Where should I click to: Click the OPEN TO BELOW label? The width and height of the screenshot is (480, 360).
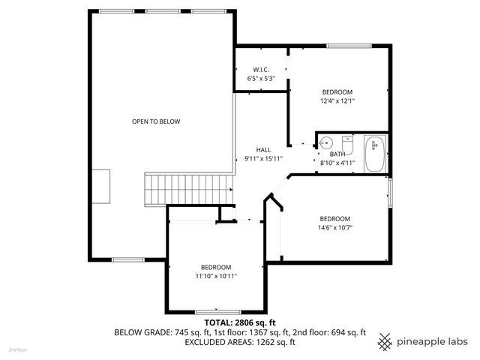[156, 121]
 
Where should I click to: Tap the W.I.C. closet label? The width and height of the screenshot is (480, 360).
[261, 70]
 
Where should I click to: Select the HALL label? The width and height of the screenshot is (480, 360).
[262, 150]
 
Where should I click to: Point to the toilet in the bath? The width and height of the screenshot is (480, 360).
[348, 143]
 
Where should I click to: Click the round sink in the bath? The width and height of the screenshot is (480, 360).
[325, 143]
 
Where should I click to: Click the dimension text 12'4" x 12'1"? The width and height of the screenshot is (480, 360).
[337, 101]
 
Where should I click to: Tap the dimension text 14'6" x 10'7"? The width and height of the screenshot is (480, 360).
[334, 228]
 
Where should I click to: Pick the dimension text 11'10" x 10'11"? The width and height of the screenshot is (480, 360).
[215, 276]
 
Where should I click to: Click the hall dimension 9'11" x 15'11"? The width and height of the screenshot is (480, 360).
[262, 159]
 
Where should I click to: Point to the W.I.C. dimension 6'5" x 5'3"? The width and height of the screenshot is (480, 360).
[261, 78]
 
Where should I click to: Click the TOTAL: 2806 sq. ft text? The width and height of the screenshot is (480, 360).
[240, 322]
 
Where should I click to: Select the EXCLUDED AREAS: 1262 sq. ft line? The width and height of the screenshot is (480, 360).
[240, 343]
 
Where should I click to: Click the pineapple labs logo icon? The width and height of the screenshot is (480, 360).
[385, 341]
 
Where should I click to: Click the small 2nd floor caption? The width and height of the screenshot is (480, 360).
[16, 350]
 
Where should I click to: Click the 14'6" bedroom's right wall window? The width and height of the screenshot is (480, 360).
[389, 191]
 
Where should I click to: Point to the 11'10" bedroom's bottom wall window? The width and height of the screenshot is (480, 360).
[216, 311]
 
